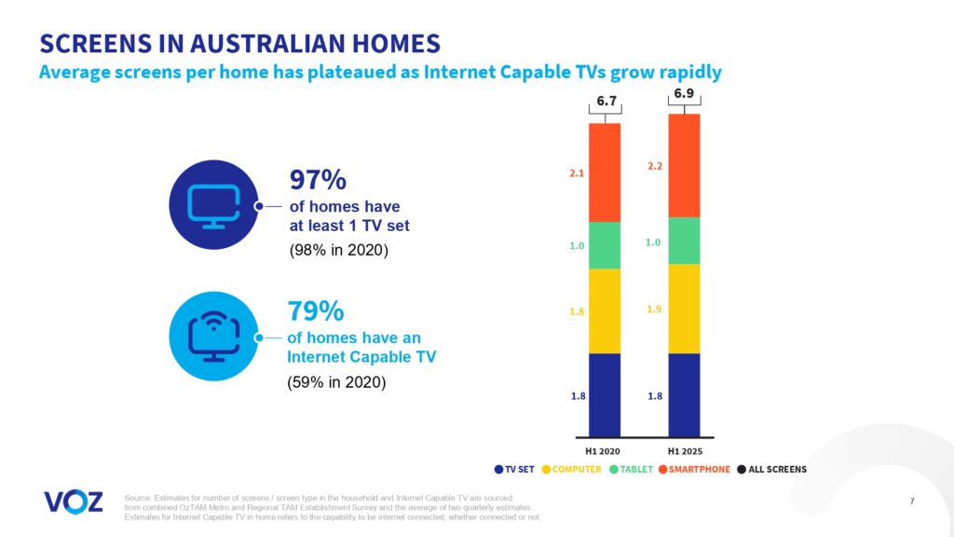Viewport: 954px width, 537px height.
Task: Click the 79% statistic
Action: coord(318,311)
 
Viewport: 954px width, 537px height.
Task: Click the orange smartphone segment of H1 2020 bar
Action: coord(605,172)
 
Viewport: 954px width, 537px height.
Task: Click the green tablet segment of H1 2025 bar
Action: coord(684,241)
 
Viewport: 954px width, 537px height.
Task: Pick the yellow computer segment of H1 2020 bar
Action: coord(605,311)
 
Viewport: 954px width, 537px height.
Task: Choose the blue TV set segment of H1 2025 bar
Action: coord(684,394)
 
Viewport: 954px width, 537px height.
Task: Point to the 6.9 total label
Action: coord(684,94)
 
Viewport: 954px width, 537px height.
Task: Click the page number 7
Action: coord(911,503)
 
